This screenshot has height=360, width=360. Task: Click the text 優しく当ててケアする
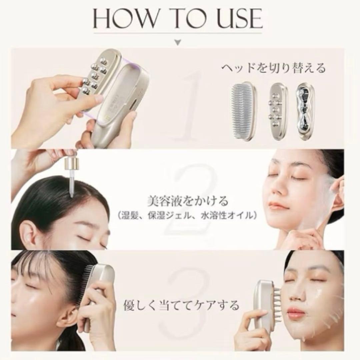pos(181,304)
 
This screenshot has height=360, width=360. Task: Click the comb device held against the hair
pos(100,290)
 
